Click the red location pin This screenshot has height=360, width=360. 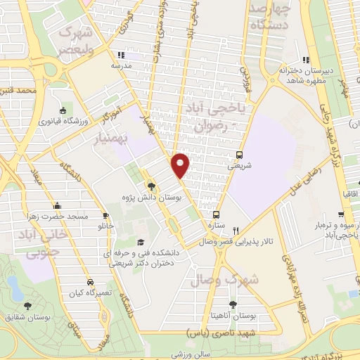point(181,165)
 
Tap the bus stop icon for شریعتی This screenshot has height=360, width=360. point(240,155)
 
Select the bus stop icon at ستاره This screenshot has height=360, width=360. point(216,214)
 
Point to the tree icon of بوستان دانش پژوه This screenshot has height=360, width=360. point(151,186)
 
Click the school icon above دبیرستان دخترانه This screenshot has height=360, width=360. point(304,60)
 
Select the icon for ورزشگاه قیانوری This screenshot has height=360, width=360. point(64,111)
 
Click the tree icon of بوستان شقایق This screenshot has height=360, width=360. point(27,305)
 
